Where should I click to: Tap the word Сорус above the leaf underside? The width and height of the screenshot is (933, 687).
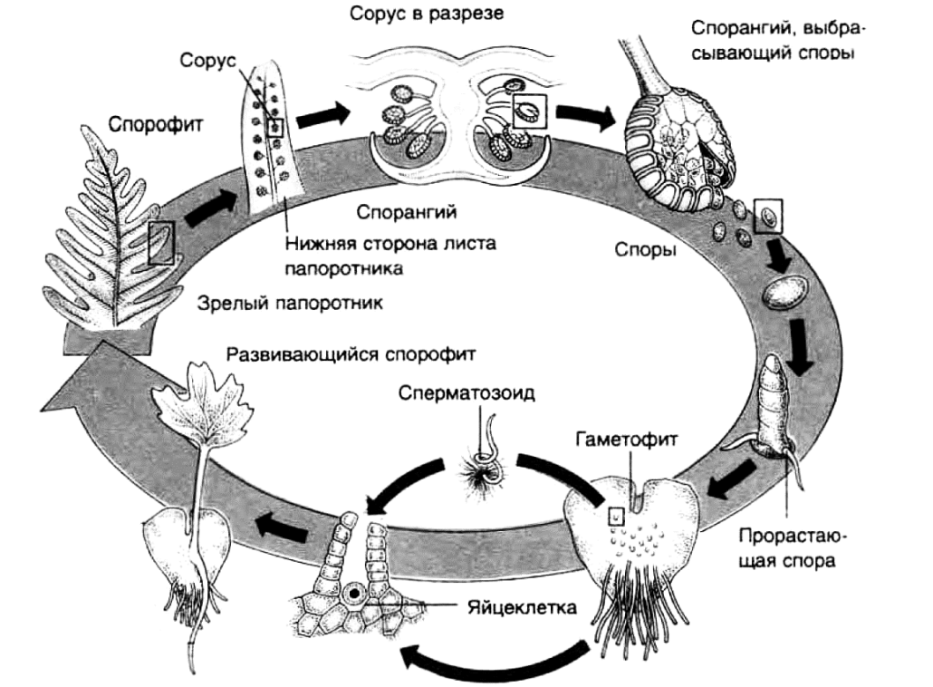coord(207,62)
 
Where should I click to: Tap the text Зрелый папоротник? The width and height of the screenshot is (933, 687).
coord(290,304)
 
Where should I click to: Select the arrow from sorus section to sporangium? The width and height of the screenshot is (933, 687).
coord(584,114)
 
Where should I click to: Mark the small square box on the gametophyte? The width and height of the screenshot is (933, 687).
coord(616,514)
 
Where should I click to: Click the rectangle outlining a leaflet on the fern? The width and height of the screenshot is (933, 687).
coord(162,242)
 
